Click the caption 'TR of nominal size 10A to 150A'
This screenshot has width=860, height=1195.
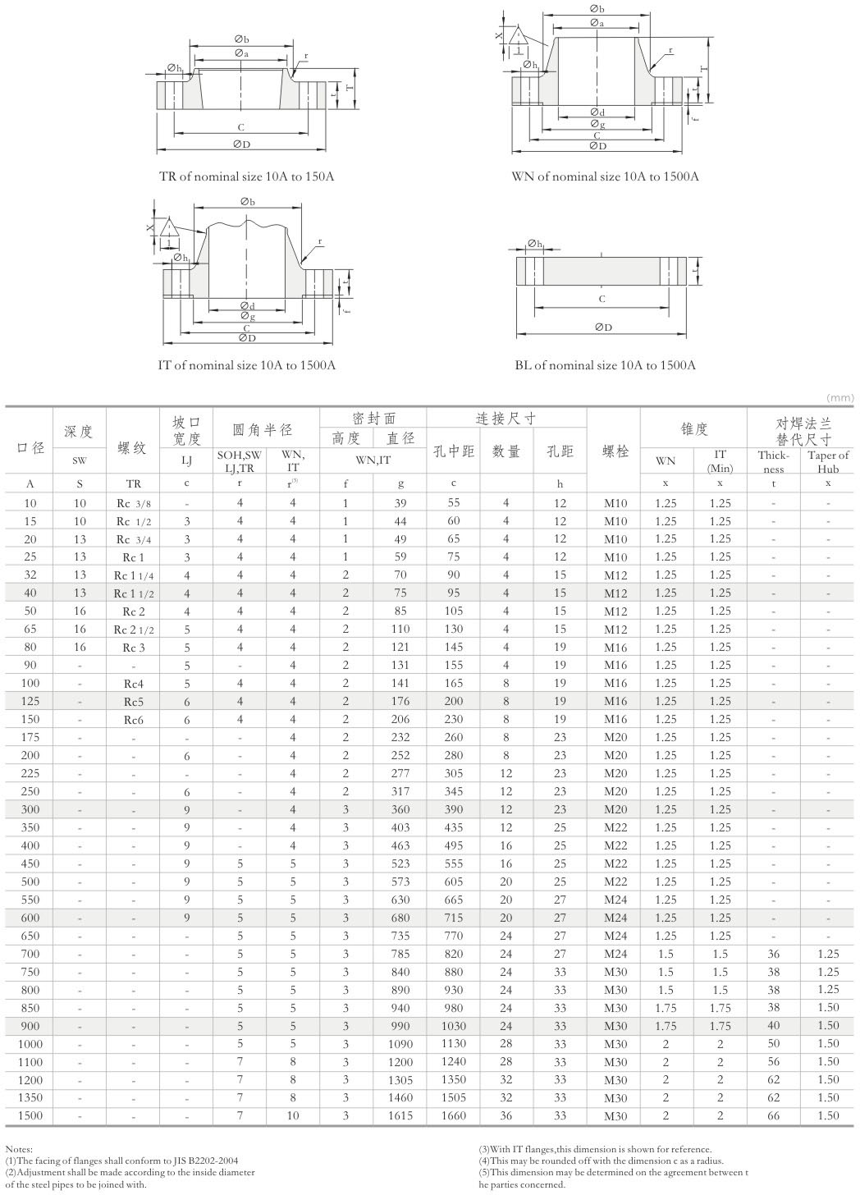tap(246, 176)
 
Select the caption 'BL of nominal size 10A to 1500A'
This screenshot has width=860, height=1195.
tap(605, 365)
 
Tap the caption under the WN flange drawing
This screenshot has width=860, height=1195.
tap(605, 176)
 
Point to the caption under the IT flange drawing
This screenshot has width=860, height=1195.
tap(246, 365)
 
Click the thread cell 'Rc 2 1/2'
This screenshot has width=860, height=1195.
tap(134, 630)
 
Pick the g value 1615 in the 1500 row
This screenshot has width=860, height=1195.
tap(400, 1116)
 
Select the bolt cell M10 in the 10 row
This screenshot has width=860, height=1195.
tap(615, 503)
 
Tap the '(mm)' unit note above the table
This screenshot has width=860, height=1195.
tap(840, 397)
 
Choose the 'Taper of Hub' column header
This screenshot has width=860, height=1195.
tap(828, 461)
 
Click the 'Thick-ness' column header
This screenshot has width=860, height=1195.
tap(773, 461)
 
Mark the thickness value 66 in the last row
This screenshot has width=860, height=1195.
tap(773, 1116)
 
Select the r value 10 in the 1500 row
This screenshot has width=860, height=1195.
tap(293, 1116)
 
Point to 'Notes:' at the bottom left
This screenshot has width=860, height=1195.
tap(19, 1150)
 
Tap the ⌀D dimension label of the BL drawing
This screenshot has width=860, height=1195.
tap(603, 327)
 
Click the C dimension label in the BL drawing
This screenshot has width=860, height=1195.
tap(602, 300)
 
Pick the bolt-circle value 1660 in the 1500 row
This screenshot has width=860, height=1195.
tap(453, 1116)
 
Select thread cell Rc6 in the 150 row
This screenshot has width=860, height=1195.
tap(134, 720)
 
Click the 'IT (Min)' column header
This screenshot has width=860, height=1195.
tap(720, 461)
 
